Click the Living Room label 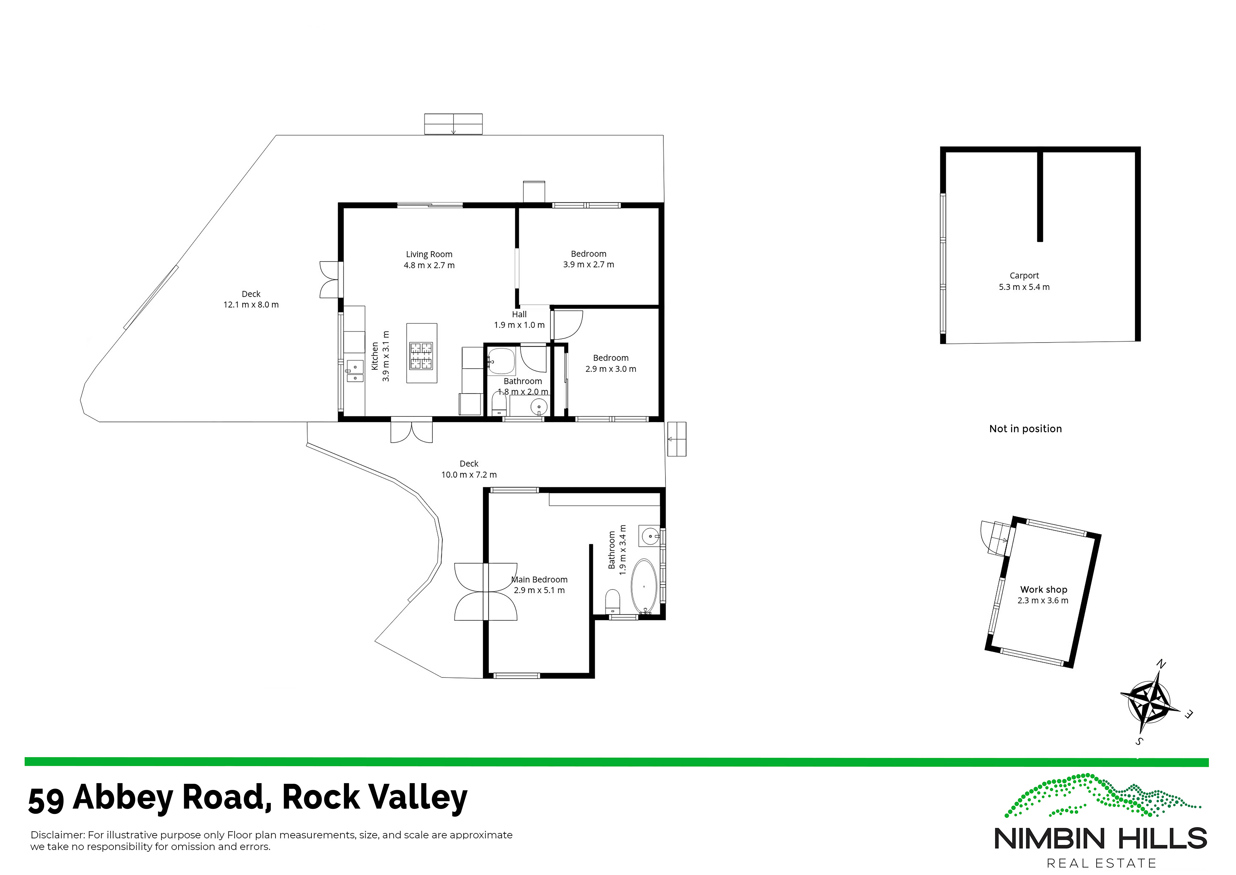429,254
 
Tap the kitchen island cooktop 421,356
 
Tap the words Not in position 1025,429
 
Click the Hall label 519,314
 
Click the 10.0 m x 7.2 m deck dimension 469,475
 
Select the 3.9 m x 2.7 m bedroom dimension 589,265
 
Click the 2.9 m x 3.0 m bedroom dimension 611,369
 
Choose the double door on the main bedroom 486,592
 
